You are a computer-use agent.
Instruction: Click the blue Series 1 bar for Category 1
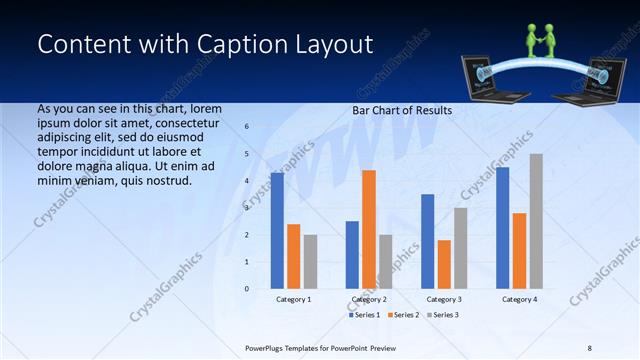click(x=277, y=231)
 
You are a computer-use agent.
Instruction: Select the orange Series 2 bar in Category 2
click(x=369, y=229)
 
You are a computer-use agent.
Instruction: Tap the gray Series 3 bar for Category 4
click(x=536, y=221)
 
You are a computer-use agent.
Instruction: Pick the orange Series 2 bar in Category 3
click(x=444, y=264)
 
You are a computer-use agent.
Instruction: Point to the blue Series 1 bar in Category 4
click(x=502, y=228)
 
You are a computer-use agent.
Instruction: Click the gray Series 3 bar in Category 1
click(x=310, y=262)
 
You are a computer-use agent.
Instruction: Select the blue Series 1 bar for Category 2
click(x=352, y=255)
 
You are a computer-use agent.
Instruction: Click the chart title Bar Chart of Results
click(x=402, y=110)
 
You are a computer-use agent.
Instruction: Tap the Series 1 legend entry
click(x=363, y=315)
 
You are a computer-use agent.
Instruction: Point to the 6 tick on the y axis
click(x=247, y=127)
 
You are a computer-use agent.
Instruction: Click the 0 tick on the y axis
click(x=247, y=289)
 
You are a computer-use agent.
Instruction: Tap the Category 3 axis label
click(x=444, y=299)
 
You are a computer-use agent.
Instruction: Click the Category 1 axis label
click(x=294, y=299)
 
